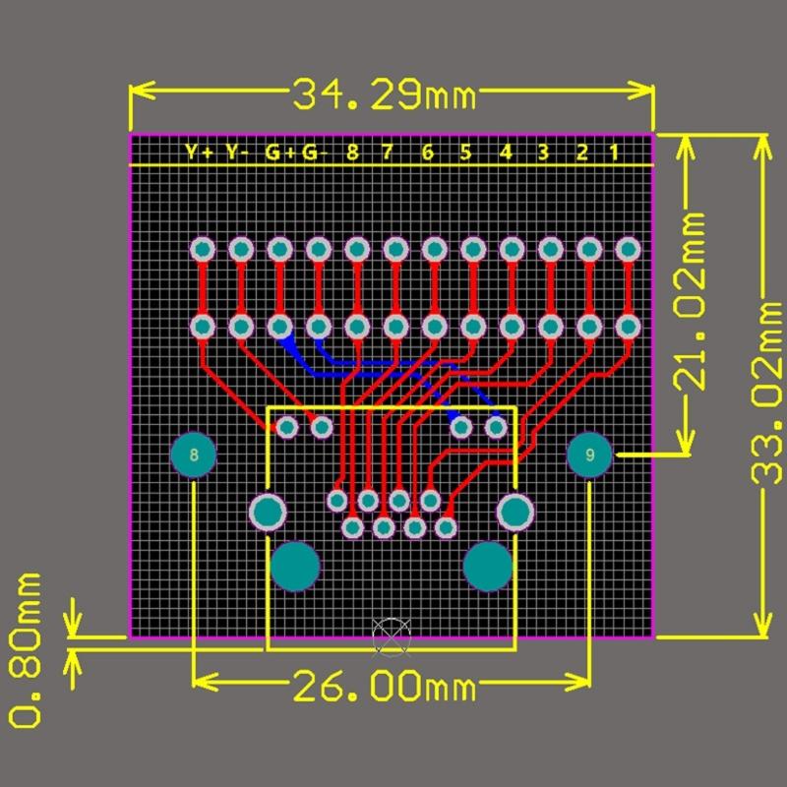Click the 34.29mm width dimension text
pyautogui.click(x=384, y=95)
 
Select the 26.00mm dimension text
pyautogui.click(x=385, y=683)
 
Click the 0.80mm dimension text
pyautogui.click(x=24, y=650)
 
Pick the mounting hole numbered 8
pyautogui.click(x=194, y=454)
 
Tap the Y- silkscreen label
pyautogui.click(x=237, y=152)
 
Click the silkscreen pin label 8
pyautogui.click(x=352, y=152)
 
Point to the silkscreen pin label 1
pyautogui.click(x=614, y=152)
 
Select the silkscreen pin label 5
pyautogui.click(x=466, y=152)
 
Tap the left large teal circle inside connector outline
pyautogui.click(x=295, y=567)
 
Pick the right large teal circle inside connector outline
pyautogui.click(x=488, y=567)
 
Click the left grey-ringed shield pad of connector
pyautogui.click(x=268, y=512)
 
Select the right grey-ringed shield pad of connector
pyautogui.click(x=515, y=512)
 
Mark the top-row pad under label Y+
pyautogui.click(x=203, y=250)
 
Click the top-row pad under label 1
pyautogui.click(x=627, y=250)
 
